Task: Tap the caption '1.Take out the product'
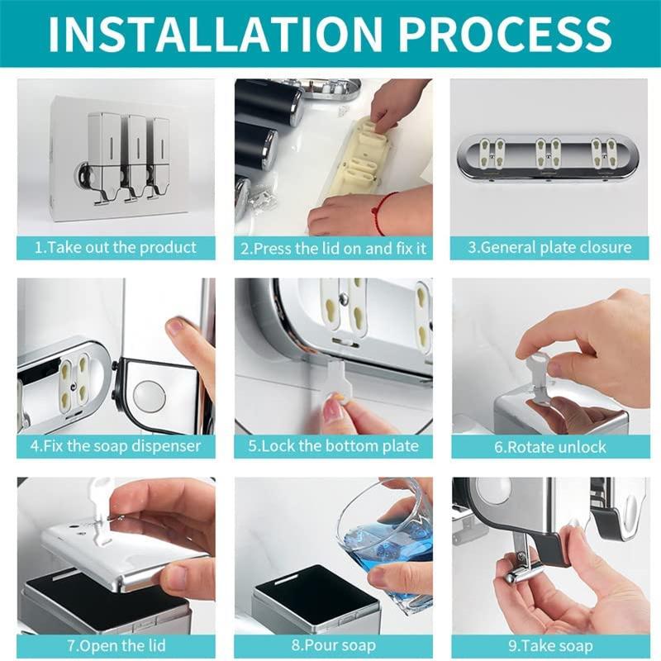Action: [116, 247]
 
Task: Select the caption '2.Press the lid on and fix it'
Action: [333, 247]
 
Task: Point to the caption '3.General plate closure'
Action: [549, 247]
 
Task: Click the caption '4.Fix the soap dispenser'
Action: [116, 447]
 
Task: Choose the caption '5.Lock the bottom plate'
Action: [333, 447]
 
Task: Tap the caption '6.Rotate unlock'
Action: [549, 447]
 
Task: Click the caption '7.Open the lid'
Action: [116, 645]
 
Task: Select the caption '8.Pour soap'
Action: [333, 645]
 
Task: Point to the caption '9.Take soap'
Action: [549, 645]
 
